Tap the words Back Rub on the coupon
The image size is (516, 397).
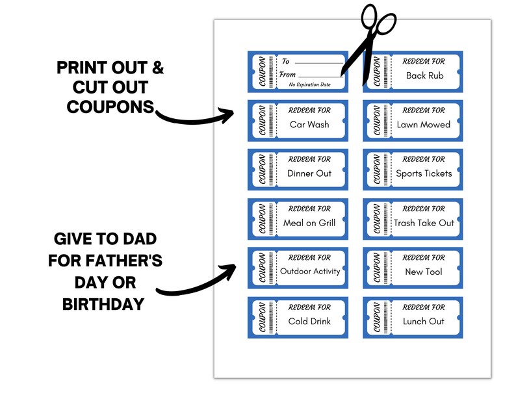424,75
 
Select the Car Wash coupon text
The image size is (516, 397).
309,125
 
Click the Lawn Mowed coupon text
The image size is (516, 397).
424,125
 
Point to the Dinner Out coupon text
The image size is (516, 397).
309,173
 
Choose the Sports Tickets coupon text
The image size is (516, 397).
424,173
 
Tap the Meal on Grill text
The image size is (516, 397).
309,223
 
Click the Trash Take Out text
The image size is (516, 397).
424,223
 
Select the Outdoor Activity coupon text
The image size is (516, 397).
310,271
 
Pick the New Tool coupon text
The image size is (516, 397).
424,272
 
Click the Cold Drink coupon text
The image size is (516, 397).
309,321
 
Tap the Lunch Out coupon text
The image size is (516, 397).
424,321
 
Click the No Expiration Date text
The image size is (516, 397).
309,85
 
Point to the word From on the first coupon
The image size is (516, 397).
287,75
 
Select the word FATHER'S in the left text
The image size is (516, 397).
124,261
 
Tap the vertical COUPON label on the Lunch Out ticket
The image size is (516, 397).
375,318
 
